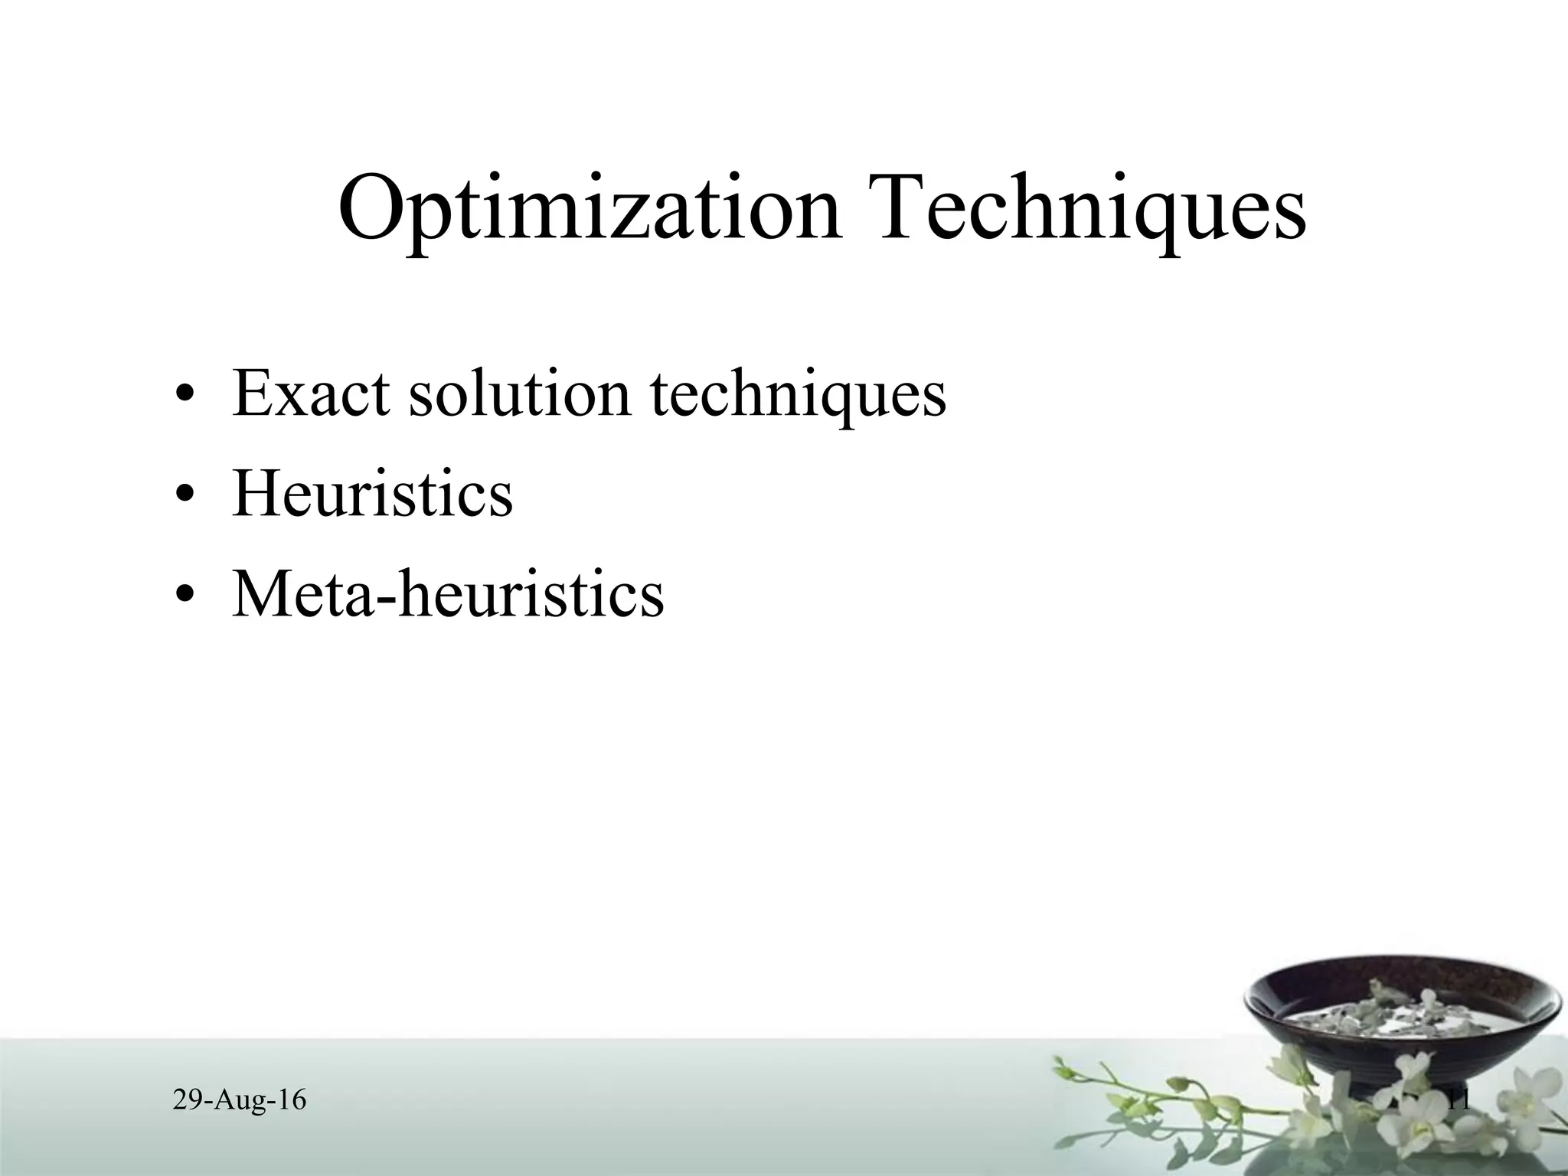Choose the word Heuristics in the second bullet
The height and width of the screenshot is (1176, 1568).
(x=372, y=494)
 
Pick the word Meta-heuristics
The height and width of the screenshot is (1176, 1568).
(x=448, y=593)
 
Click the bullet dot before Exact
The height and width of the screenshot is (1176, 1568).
(x=184, y=397)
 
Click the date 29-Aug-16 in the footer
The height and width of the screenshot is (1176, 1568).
(x=240, y=1101)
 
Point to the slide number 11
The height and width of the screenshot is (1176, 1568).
(x=1459, y=1101)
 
